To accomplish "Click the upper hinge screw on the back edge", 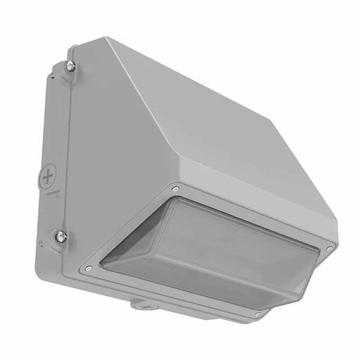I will (x=70, y=67).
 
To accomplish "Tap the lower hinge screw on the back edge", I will (x=61, y=235).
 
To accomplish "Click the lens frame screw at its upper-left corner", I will (x=175, y=189).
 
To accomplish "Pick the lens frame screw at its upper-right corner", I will (x=329, y=247).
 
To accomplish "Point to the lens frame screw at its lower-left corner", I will (x=88, y=268).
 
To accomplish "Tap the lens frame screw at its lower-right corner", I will (x=257, y=314).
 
